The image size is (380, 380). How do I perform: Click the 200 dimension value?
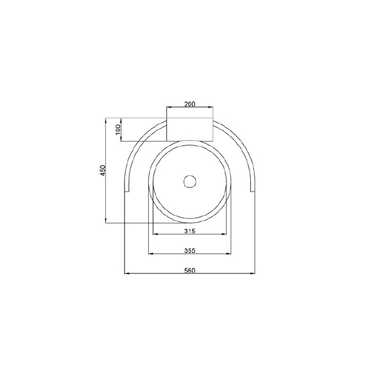pyautogui.click(x=190, y=104)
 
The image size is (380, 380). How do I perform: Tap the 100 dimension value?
pyautogui.click(x=118, y=130)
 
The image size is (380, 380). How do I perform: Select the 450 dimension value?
pyautogui.click(x=103, y=170)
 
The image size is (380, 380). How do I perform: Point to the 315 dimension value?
pyautogui.click(x=189, y=231)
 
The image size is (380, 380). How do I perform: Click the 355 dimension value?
pyautogui.click(x=189, y=250)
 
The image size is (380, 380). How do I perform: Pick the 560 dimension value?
pyautogui.click(x=189, y=270)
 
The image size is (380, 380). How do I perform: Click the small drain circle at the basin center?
pyautogui.click(x=190, y=182)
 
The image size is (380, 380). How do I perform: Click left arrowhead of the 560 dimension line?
pyautogui.click(x=127, y=273)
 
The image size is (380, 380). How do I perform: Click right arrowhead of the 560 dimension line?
pyautogui.click(x=252, y=273)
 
